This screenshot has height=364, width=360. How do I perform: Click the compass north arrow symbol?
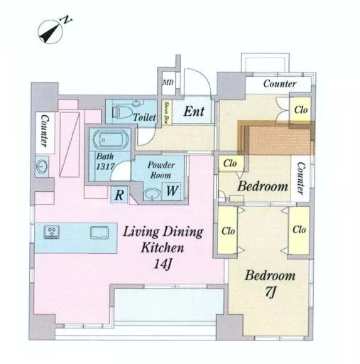(x=50, y=31)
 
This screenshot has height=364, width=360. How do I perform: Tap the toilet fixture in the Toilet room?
(x=123, y=112)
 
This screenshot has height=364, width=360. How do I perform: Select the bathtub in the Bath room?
(x=110, y=140)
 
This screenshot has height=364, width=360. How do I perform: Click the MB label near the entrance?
(x=168, y=82)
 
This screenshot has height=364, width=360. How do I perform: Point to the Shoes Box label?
(x=166, y=112)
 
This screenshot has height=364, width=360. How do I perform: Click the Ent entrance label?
(x=194, y=111)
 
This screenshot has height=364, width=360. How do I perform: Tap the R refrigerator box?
(x=119, y=195)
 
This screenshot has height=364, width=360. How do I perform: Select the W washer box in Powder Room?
(x=172, y=191)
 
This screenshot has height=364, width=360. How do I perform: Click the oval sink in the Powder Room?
(x=152, y=195)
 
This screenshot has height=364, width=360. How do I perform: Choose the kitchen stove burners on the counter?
(x=52, y=232)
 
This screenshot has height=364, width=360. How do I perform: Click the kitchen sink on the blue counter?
(x=99, y=232)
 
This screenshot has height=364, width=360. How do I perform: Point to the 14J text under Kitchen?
(x=163, y=264)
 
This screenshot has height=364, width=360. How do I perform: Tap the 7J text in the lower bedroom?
(x=270, y=291)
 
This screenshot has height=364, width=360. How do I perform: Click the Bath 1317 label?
(x=105, y=161)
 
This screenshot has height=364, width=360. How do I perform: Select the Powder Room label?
(x=161, y=170)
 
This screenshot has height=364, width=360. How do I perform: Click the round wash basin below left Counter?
(x=42, y=166)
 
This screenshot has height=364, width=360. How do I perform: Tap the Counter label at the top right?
(x=280, y=84)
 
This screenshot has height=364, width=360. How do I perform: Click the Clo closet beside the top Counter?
(x=300, y=109)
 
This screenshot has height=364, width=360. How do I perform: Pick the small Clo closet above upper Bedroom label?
(x=231, y=163)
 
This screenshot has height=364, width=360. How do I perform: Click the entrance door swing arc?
(x=203, y=75)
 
